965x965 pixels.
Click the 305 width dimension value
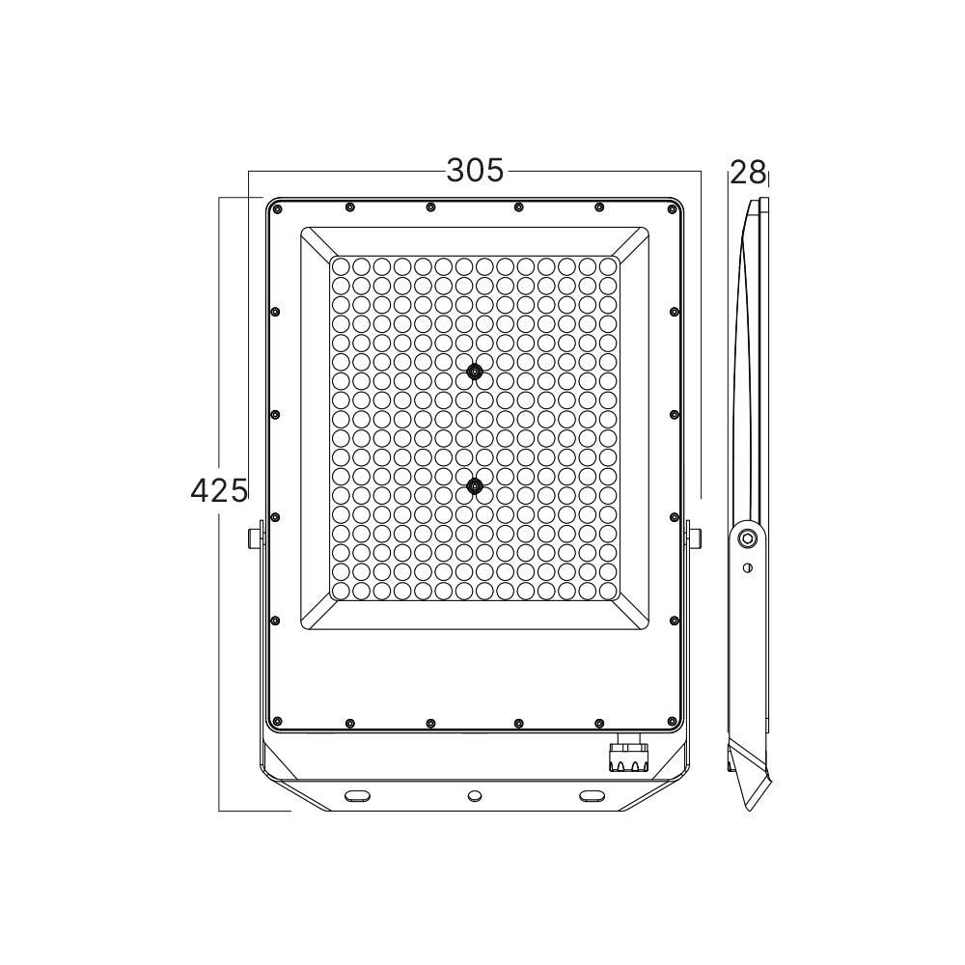tap(475, 171)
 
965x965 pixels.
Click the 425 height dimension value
tap(219, 491)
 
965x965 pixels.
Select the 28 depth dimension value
tap(749, 173)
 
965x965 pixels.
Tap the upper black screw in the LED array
tap(475, 372)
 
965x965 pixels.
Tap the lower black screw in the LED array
tap(474, 486)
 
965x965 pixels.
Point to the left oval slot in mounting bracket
tap(358, 796)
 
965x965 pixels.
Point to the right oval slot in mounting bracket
tap(593, 796)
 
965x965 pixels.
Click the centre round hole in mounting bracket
tap(475, 796)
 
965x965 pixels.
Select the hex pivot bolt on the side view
tap(748, 538)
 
